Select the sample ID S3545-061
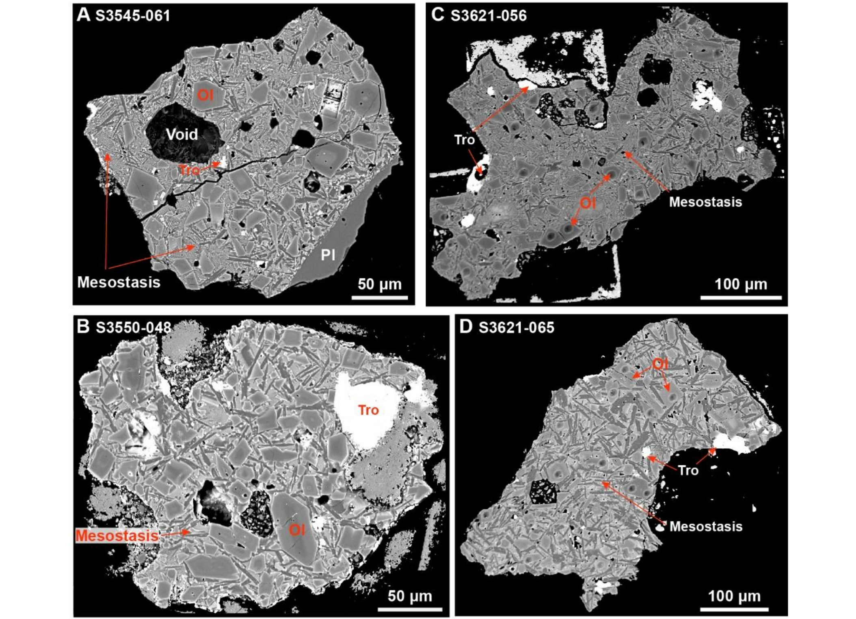[x=132, y=16]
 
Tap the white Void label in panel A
[x=182, y=134]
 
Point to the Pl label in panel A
[x=328, y=255]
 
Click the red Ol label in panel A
[x=205, y=95]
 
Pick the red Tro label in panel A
[x=189, y=170]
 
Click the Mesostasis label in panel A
[x=119, y=282]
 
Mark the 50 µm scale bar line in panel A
[x=379, y=298]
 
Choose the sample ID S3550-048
[x=133, y=328]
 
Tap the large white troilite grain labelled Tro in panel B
[x=365, y=410]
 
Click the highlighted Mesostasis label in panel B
[x=117, y=535]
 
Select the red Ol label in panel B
[x=297, y=530]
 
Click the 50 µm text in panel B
[x=410, y=596]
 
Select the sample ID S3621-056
[x=489, y=16]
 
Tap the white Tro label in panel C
[x=464, y=140]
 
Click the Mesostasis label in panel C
[x=705, y=202]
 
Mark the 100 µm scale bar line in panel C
[x=741, y=298]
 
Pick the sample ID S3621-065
[x=516, y=328]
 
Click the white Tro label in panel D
[x=688, y=471]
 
